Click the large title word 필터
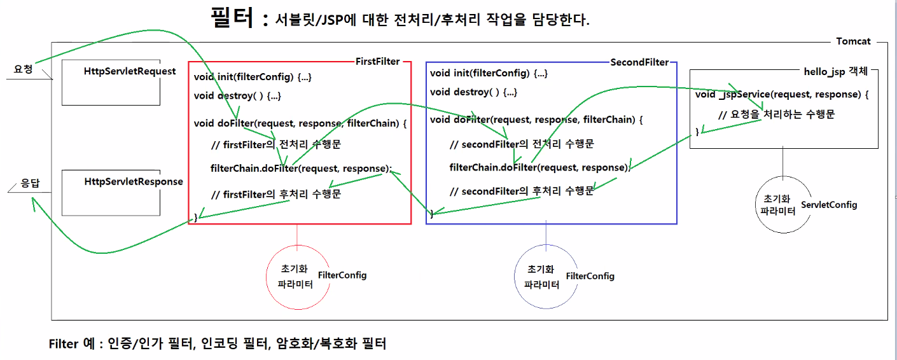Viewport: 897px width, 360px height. (x=233, y=18)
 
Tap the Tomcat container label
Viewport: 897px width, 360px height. (x=853, y=41)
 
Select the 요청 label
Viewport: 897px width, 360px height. (x=23, y=68)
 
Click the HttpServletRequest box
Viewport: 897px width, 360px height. (x=111, y=83)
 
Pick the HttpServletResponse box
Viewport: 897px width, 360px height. (x=111, y=192)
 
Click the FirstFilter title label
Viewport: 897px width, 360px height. (x=378, y=62)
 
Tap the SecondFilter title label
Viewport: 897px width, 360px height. (x=639, y=62)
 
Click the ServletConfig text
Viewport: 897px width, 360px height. (x=829, y=205)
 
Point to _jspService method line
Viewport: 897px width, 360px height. (x=782, y=94)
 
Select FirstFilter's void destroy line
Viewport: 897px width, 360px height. (x=237, y=96)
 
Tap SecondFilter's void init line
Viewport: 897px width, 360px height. (x=489, y=73)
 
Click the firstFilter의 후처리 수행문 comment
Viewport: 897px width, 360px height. (x=275, y=194)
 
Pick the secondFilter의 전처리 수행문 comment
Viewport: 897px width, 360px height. (x=521, y=144)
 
